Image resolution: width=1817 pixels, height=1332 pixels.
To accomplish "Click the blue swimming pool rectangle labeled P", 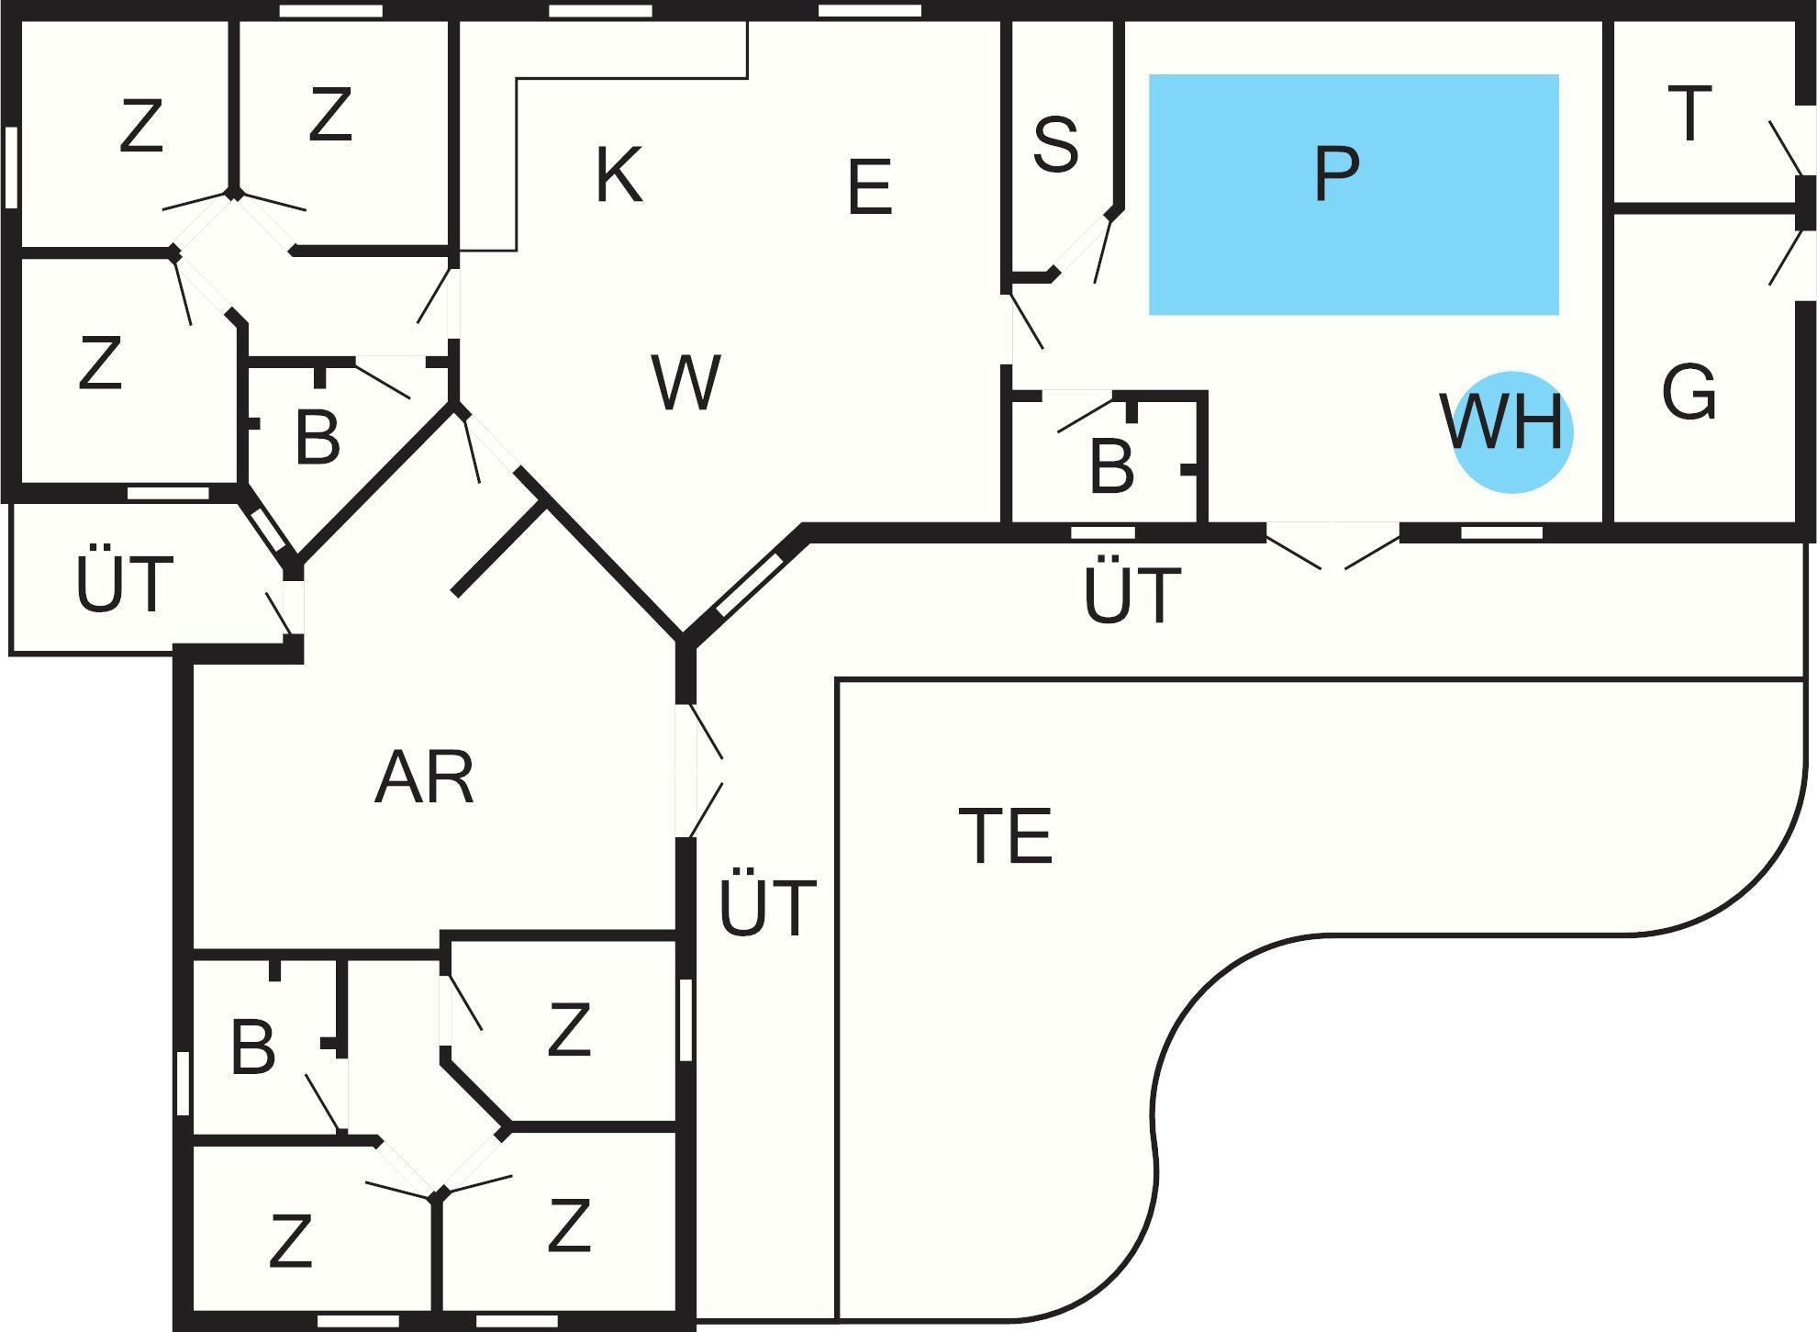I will [x=1354, y=195].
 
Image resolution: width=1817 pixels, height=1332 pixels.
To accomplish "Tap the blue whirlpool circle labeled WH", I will [x=1512, y=431].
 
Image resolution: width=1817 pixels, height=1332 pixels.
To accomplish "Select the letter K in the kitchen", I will [x=619, y=174].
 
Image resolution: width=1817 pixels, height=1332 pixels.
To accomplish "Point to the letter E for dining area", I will [x=869, y=187].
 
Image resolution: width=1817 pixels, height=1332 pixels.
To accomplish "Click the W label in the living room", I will [x=686, y=383].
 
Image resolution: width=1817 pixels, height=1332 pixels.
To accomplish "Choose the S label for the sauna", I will [x=1055, y=144].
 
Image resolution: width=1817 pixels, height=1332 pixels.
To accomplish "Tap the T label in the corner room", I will [x=1689, y=114].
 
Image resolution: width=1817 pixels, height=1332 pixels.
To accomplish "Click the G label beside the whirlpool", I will [x=1689, y=392].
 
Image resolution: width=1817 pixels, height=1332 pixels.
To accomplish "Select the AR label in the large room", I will [x=424, y=778].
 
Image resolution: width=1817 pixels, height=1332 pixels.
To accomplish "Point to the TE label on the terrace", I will [x=1005, y=836].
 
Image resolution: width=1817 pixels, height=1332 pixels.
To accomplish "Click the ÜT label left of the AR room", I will [x=124, y=585].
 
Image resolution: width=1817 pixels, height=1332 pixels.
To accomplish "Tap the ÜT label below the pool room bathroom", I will [x=1131, y=596].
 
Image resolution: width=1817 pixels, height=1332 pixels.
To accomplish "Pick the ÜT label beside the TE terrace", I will [x=767, y=908].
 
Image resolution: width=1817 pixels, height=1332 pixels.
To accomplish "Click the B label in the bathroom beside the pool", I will [x=1111, y=465].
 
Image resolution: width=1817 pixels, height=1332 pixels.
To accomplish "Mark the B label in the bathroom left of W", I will [x=318, y=438].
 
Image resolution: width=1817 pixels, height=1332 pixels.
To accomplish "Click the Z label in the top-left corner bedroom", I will [x=140, y=128].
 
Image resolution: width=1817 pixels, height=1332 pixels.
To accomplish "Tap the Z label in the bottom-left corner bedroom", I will [x=290, y=1241].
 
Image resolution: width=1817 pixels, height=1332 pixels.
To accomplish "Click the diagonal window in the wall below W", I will [x=749, y=584].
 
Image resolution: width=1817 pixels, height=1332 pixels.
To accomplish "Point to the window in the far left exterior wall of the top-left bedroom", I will [x=12, y=167].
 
